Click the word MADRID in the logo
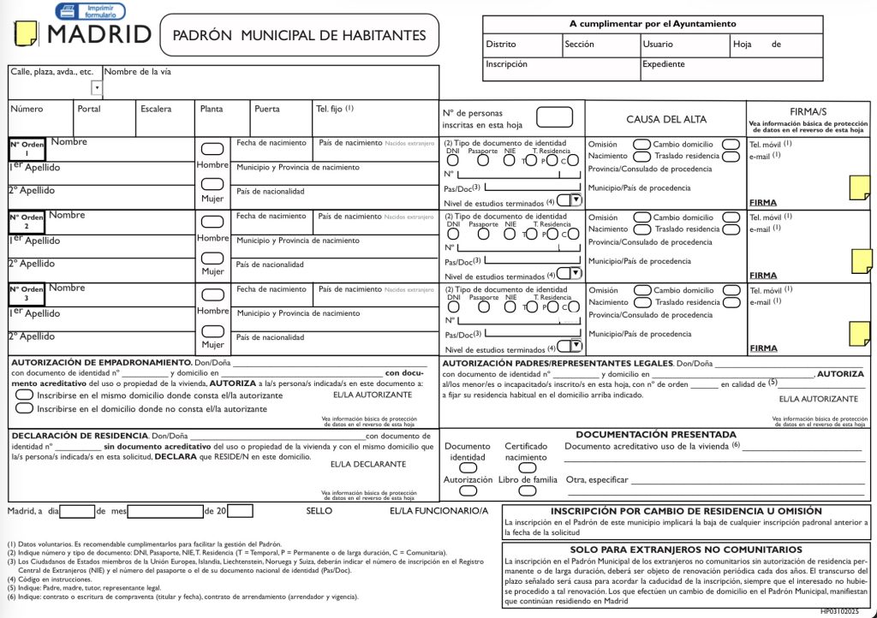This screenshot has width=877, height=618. point(99,35)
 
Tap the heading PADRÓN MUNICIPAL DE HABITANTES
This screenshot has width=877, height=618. point(299,35)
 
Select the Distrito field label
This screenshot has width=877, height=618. point(501,44)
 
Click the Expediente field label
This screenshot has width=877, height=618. point(663,64)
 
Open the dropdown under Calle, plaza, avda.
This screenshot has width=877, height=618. point(97,87)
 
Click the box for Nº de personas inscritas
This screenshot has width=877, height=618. point(554,117)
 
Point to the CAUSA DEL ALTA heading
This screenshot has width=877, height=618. point(666,119)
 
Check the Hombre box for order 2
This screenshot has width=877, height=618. point(212,221)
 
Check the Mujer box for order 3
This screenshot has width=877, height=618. point(212,330)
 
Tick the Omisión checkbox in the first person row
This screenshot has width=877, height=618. point(641,145)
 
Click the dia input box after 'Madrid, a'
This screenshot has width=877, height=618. point(77,511)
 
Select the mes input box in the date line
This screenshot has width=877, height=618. point(164,511)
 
